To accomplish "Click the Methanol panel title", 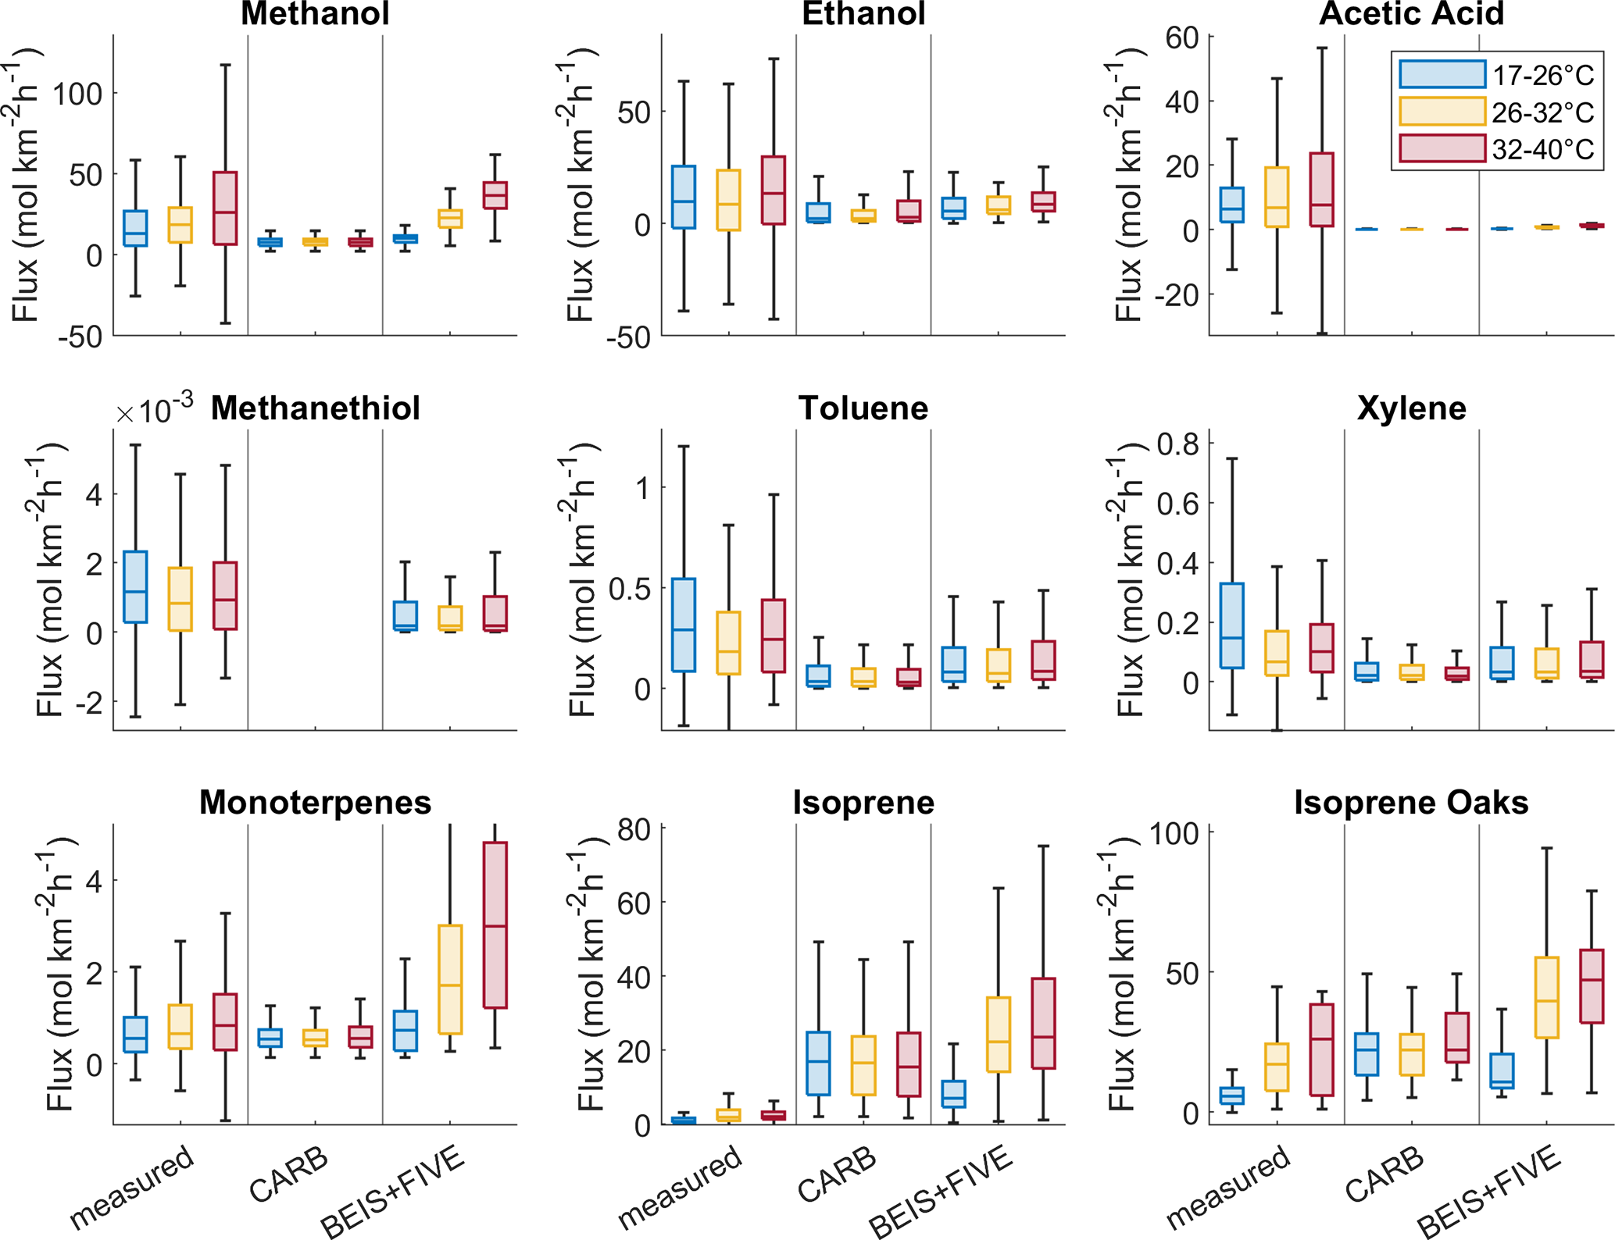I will click(315, 14).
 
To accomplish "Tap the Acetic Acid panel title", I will click(1411, 14).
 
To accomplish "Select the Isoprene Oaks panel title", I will click(1411, 803).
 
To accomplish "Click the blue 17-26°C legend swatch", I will click(1442, 74).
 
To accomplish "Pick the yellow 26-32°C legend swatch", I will click(1442, 112).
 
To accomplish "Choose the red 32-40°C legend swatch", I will click(1442, 148).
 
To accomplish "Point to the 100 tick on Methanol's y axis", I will click(78, 94).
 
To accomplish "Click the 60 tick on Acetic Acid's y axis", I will click(1181, 37).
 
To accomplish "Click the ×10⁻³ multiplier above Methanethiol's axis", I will click(154, 409).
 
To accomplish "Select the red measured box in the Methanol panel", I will click(225, 208).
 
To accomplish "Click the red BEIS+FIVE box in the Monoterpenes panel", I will click(495, 925).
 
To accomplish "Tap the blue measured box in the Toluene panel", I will click(684, 625).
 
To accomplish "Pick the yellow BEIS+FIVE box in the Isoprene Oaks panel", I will click(1546, 997).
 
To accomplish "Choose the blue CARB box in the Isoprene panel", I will click(818, 1064).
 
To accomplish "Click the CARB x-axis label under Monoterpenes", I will click(288, 1176).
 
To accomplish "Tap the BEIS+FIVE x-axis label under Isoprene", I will click(941, 1192).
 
